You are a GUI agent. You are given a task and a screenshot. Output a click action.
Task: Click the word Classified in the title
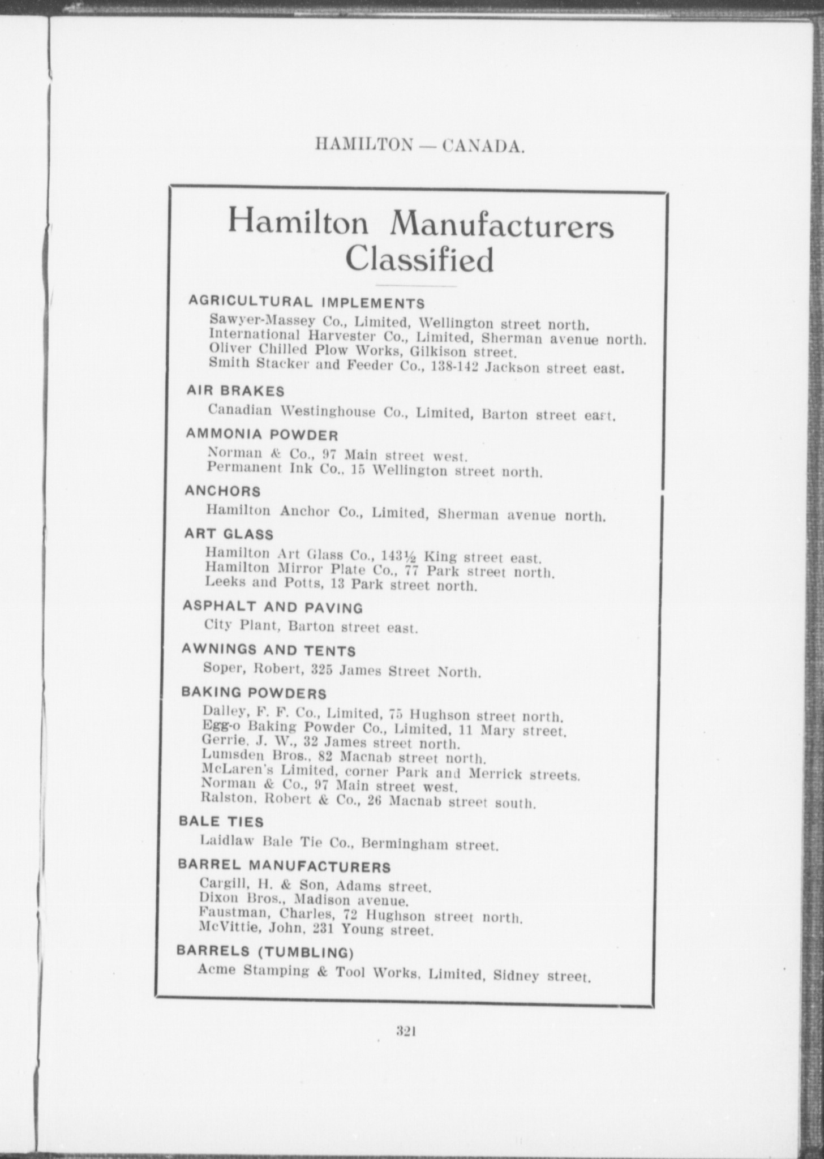[419, 260]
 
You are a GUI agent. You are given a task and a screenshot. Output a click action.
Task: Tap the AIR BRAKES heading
[235, 391]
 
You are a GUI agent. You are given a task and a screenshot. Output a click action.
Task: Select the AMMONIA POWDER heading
[262, 435]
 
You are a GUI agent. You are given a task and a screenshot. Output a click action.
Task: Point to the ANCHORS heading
[223, 491]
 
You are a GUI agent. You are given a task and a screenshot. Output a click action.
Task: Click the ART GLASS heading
[229, 534]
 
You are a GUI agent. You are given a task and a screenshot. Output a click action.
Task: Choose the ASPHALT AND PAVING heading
[272, 607]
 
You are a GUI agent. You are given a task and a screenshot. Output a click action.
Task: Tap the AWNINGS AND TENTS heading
[268, 650]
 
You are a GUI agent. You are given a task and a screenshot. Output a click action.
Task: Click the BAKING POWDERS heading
[254, 693]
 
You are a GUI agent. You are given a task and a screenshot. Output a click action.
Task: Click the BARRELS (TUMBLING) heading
[265, 952]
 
